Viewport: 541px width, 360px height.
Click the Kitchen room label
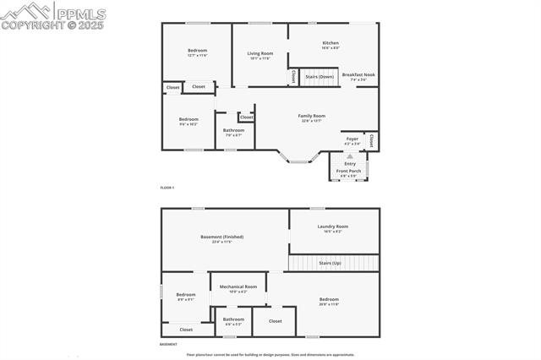[x=331, y=43]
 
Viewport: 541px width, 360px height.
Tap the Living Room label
[x=260, y=53]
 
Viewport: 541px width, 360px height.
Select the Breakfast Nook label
[x=359, y=74]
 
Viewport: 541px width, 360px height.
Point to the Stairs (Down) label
[x=320, y=76]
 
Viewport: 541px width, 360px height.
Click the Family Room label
[x=312, y=116]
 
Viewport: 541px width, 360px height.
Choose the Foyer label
[x=352, y=138]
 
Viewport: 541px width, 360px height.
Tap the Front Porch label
[x=348, y=171]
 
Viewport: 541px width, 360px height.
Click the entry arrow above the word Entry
[x=350, y=156]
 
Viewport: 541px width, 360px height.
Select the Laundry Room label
[x=333, y=226]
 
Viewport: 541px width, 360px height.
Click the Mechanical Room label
[x=238, y=287]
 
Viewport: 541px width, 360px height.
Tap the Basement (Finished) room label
[x=222, y=237]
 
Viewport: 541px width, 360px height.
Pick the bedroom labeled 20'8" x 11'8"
[x=329, y=300]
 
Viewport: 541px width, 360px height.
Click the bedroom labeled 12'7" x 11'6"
[x=197, y=51]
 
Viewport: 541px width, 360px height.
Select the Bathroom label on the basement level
[x=234, y=319]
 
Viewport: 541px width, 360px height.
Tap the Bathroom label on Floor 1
[x=233, y=130]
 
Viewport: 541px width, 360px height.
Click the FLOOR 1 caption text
[x=167, y=187]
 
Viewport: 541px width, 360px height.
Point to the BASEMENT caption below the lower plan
[x=169, y=345]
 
